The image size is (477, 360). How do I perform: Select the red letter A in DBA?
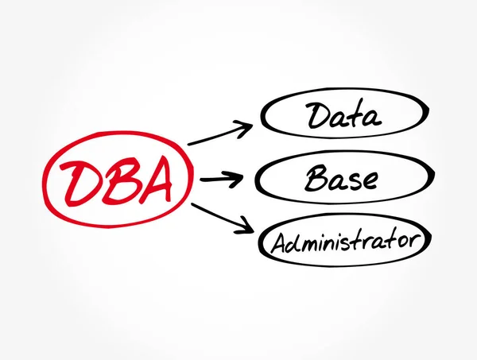click(x=156, y=182)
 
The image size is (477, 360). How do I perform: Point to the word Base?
click(x=343, y=178)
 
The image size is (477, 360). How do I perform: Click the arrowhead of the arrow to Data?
click(x=247, y=125)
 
